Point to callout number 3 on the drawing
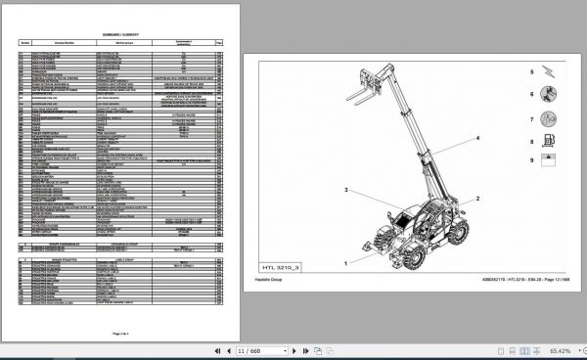tap(346, 189)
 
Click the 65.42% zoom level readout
tap(559, 348)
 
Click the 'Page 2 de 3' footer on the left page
tap(122, 334)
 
